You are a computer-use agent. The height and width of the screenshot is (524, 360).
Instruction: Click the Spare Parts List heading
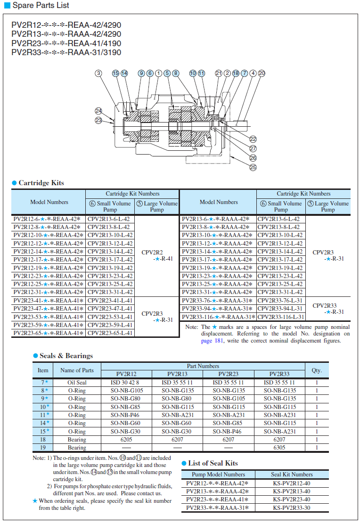point(41,6)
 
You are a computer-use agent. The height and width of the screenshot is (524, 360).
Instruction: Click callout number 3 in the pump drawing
point(98,73)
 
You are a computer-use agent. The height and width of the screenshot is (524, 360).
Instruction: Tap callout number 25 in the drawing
point(253,167)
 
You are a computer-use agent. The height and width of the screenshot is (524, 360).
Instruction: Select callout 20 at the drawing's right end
point(262,73)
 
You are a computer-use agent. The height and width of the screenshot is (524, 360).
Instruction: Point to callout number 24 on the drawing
point(98,111)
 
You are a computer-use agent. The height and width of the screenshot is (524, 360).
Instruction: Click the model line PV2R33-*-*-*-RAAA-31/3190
point(66,52)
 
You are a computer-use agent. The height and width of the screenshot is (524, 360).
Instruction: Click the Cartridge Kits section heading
point(41,183)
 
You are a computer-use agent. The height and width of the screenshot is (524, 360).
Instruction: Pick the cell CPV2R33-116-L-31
point(281,317)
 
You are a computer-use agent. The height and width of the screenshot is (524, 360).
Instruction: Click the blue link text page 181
point(213,341)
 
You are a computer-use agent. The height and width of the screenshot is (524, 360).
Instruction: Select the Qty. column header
point(317,370)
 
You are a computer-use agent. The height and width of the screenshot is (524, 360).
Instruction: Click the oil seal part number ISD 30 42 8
point(127,383)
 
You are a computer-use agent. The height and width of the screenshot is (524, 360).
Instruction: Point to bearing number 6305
point(279,448)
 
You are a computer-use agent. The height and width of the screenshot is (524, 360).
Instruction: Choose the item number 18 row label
point(43,440)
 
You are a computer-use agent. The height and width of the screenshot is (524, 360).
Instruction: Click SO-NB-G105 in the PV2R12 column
point(127,391)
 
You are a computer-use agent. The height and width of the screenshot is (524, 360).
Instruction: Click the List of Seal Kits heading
point(213,463)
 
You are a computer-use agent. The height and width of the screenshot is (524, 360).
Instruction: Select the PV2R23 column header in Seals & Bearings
point(229,374)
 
